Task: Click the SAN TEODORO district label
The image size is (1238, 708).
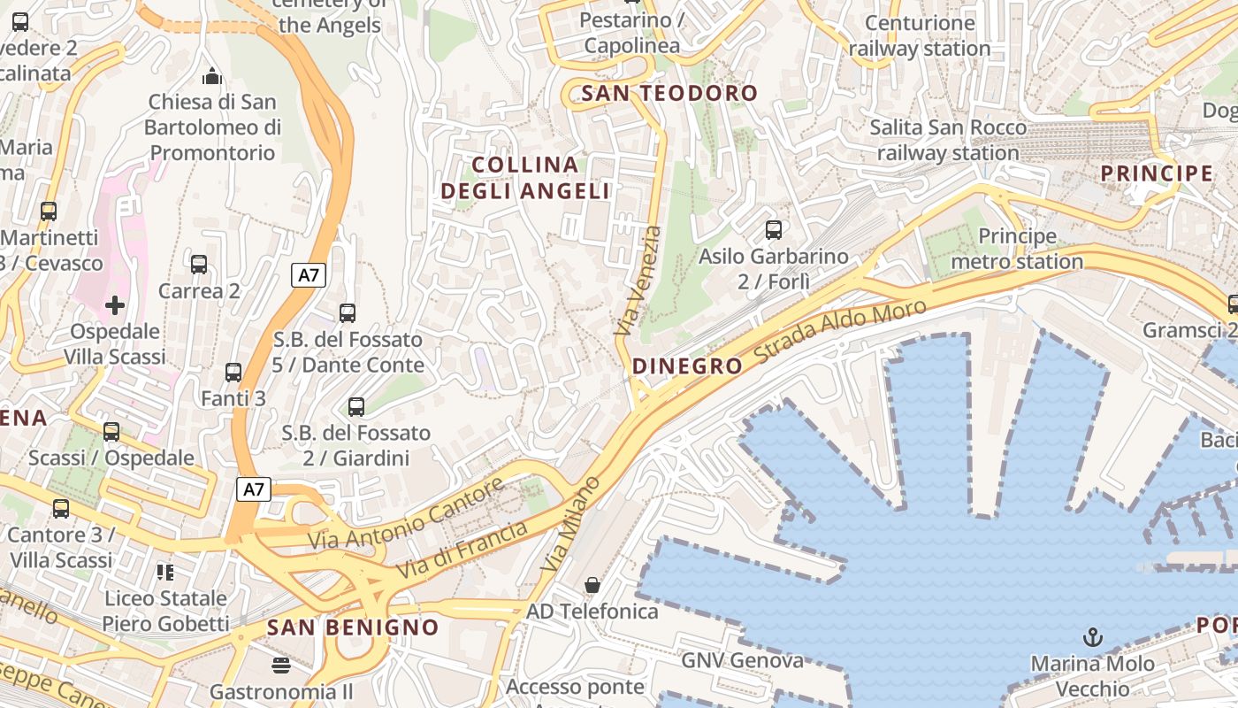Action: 669,93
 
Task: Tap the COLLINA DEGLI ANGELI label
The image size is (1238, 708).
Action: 525,178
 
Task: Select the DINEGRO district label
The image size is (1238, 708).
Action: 687,366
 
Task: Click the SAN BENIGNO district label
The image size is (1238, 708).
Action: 353,627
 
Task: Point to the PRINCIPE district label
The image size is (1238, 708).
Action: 1157,173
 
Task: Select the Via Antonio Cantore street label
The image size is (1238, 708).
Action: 406,512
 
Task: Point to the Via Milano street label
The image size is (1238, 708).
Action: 570,523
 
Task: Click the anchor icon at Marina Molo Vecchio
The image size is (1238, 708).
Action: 1093,637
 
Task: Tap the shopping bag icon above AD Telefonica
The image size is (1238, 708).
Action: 592,585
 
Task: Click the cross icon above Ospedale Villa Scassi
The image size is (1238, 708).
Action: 115,306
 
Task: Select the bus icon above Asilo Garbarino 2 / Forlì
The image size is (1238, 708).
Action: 774,230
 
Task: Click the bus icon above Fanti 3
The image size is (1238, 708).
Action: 233,373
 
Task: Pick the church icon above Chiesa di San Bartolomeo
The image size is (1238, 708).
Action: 212,76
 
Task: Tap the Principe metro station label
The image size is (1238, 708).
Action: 1017,249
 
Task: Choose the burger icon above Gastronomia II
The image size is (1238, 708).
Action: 281,665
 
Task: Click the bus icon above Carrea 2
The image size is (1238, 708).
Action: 199,264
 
